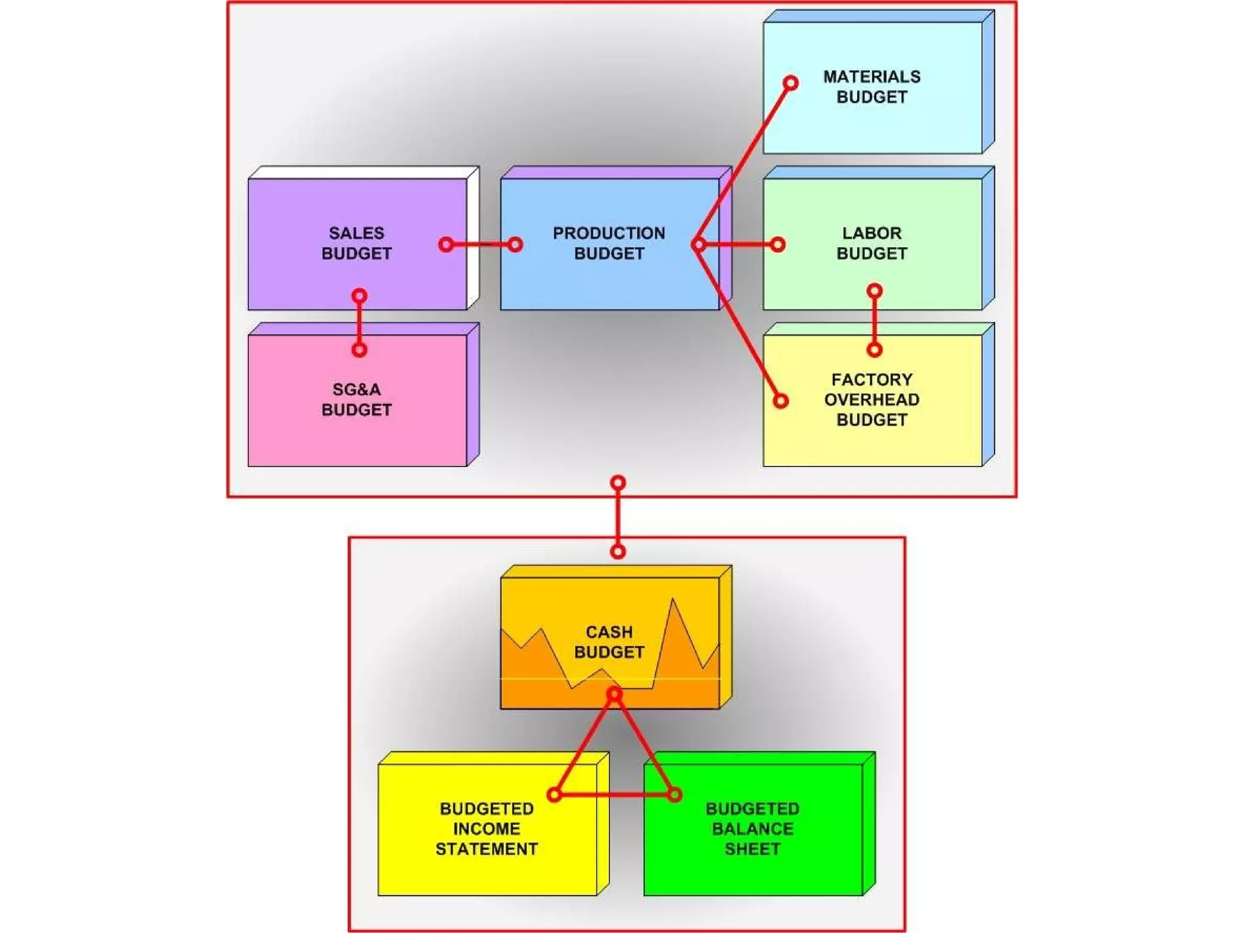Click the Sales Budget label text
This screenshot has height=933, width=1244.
pyautogui.click(x=357, y=243)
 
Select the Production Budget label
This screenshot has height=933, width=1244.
pyautogui.click(x=609, y=243)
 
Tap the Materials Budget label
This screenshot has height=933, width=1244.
pyautogui.click(x=872, y=87)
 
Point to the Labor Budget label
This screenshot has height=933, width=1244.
pyautogui.click(x=872, y=243)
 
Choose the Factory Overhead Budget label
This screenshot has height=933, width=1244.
pyautogui.click(x=872, y=400)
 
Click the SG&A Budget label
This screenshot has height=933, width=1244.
pyautogui.click(x=357, y=400)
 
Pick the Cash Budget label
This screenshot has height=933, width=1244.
pyautogui.click(x=609, y=642)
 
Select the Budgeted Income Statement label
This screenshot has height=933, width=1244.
pyautogui.click(x=487, y=829)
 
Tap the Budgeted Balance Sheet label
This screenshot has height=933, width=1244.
pyautogui.click(x=753, y=829)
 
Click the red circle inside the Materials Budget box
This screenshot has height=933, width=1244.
pyautogui.click(x=790, y=83)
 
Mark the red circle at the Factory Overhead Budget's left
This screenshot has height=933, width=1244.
pyautogui.click(x=781, y=401)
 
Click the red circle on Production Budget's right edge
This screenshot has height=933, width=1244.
pyautogui.click(x=699, y=245)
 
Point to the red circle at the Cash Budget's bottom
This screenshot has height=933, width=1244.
pyautogui.click(x=614, y=694)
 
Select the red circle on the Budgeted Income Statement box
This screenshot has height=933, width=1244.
pyautogui.click(x=554, y=795)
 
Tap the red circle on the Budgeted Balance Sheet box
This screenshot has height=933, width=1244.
pyautogui.click(x=674, y=795)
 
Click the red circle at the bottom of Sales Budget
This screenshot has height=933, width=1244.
pyautogui.click(x=360, y=296)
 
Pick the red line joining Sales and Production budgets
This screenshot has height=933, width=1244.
pyautogui.click(x=480, y=245)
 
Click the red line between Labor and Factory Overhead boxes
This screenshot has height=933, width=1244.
pyautogui.click(x=875, y=320)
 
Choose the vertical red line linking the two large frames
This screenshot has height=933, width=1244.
pyautogui.click(x=618, y=517)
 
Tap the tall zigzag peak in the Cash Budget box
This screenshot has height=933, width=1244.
pyautogui.click(x=673, y=601)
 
